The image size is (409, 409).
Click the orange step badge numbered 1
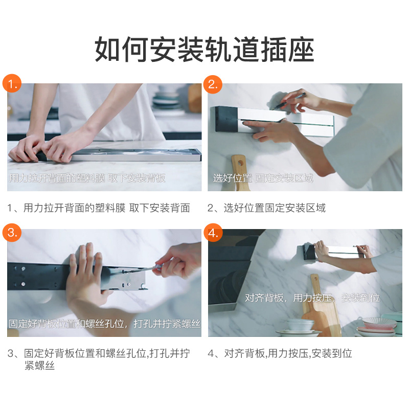(12, 83)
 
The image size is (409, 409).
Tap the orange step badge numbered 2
(213, 84)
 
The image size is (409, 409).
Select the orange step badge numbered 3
(12, 232)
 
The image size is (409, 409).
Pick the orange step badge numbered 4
(213, 233)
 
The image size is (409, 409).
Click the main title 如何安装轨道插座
(204, 49)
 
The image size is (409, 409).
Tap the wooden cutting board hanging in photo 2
(240, 173)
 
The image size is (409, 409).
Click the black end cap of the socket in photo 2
(226, 119)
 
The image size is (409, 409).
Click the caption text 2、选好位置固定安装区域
(266, 208)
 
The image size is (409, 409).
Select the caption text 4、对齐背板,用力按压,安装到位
(280, 353)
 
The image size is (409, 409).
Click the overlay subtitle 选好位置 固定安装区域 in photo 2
(263, 178)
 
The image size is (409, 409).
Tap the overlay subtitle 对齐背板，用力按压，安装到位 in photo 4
(312, 298)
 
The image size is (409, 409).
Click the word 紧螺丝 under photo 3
(40, 366)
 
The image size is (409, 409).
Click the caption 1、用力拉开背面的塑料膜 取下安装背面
(99, 208)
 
